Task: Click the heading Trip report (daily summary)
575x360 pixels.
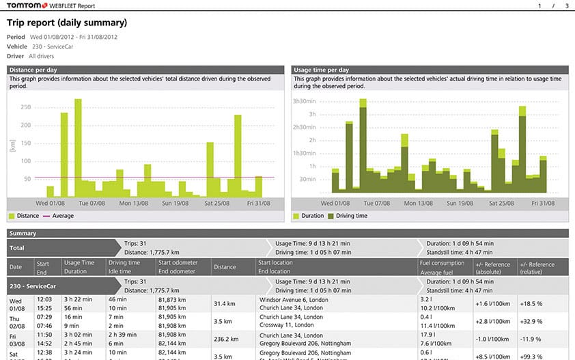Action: point(67,23)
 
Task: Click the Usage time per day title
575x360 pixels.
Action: point(321,70)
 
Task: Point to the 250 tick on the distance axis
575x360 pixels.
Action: point(26,107)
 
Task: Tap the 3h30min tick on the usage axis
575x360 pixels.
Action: point(304,101)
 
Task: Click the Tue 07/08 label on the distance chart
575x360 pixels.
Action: point(92,203)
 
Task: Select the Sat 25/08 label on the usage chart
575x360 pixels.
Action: point(499,203)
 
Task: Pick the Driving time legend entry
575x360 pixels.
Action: point(351,216)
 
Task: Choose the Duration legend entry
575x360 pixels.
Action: point(308,216)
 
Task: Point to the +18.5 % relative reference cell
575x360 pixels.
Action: point(532,303)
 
